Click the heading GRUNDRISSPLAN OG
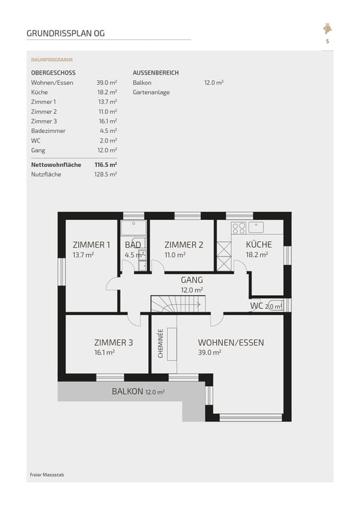[x=66, y=33]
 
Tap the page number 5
[x=327, y=41]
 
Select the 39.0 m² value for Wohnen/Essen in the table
[x=107, y=82]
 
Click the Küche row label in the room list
[x=39, y=92]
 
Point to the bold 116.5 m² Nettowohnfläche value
[x=106, y=165]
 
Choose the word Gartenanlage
[x=151, y=92]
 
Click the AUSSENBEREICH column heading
[x=156, y=73]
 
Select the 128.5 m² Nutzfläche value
[x=106, y=174]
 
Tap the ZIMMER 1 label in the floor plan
[x=92, y=244]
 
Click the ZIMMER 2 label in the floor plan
[x=184, y=244]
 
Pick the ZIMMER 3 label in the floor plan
[x=113, y=342]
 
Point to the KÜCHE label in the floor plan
[x=259, y=244]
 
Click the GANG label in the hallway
[x=192, y=279]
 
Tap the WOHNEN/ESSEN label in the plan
[x=231, y=342]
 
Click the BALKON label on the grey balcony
[x=128, y=392]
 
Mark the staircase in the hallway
[x=178, y=303]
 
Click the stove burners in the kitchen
[x=238, y=227]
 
